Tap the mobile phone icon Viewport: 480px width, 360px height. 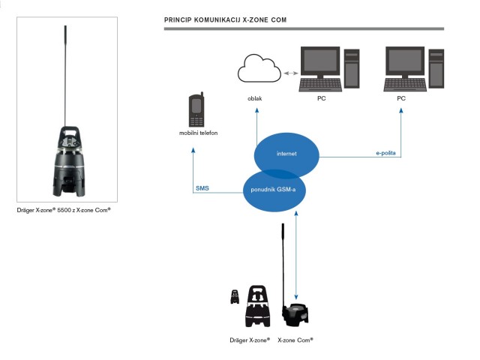point(196,110)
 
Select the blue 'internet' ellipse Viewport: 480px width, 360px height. point(286,154)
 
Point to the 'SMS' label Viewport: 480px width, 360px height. point(202,188)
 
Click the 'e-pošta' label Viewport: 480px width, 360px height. point(386,153)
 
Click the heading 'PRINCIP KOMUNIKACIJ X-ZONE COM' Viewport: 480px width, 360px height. point(225,17)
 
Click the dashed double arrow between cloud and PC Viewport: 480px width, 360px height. point(289,73)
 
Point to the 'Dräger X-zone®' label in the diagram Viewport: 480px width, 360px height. point(250,340)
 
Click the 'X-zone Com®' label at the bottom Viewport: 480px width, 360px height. point(295,340)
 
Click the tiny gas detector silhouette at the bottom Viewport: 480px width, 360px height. point(235,296)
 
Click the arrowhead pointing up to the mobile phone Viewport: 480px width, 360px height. point(193,148)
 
